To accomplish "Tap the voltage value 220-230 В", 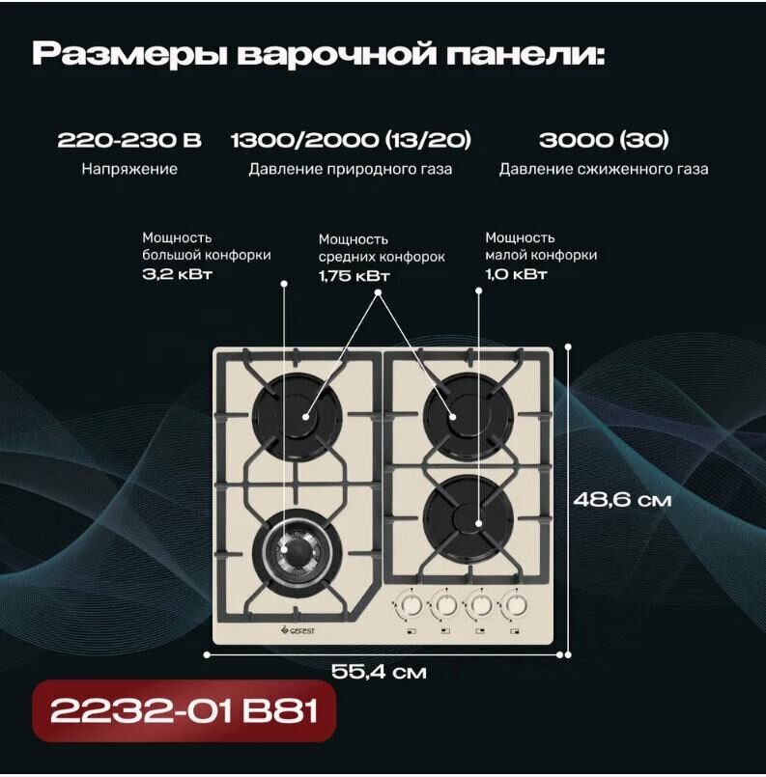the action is point(129,141).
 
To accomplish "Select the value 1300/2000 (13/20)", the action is point(351,141).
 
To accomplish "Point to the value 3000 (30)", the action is point(604,141).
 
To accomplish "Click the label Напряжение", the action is point(129,169).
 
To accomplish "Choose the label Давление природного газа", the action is point(351,170).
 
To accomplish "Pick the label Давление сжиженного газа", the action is point(604,170).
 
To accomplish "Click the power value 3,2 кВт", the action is point(177,274).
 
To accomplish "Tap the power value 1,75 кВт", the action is point(355,276).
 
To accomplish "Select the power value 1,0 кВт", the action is point(517,274).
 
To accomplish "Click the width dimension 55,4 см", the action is point(378,672).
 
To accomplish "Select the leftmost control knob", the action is point(409,606).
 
